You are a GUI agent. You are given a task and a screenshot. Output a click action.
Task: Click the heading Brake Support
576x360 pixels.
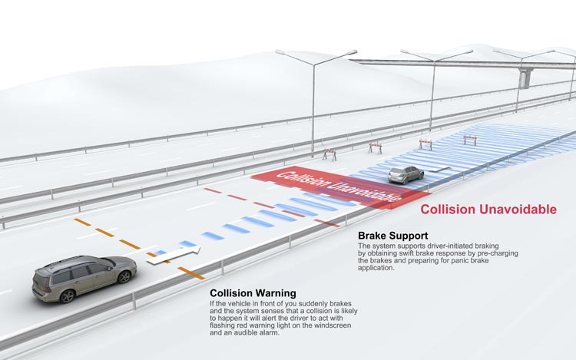(392, 235)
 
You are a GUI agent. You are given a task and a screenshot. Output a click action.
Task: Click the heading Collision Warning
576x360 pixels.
(253, 293)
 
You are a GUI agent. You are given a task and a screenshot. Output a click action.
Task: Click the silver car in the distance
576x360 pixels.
(406, 174)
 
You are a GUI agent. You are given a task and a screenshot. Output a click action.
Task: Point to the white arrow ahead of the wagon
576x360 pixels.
(175, 255)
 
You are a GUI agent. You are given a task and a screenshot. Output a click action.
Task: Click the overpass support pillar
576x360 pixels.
(525, 78)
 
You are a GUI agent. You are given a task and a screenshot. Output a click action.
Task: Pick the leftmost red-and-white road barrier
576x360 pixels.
(329, 154)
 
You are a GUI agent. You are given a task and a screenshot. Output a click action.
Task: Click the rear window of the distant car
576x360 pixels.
(400, 172)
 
